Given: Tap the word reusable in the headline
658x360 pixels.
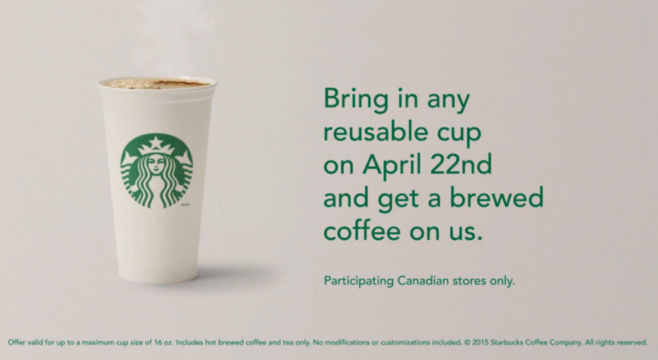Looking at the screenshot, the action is click(374, 132).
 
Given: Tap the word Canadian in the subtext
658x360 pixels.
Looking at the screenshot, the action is click(423, 280).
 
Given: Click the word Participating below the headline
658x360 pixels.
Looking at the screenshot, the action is click(359, 281).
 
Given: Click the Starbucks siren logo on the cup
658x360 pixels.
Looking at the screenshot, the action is click(157, 171).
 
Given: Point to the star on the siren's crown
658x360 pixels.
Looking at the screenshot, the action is click(156, 143).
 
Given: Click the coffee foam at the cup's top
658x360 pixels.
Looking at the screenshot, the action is click(156, 84).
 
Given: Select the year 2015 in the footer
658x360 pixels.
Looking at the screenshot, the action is click(480, 342).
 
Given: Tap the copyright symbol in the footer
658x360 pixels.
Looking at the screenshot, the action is click(467, 342).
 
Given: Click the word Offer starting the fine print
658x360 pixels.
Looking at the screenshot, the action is click(16, 342).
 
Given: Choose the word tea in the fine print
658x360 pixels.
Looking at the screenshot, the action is click(288, 342).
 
